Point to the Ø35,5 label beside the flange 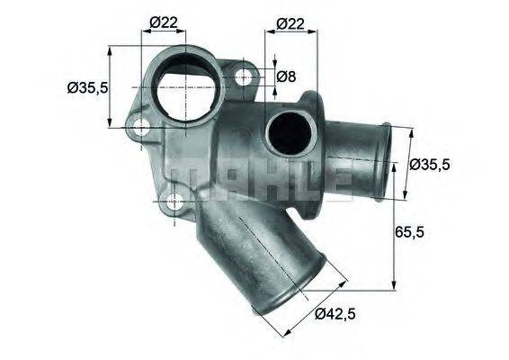[x=87, y=88]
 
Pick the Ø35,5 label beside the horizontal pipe [x=430, y=165]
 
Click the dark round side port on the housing [x=287, y=136]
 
